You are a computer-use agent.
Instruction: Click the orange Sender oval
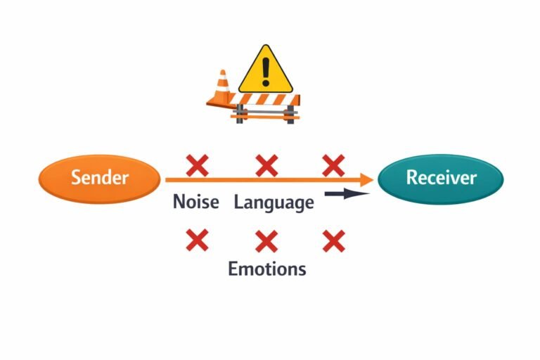[x=99, y=179]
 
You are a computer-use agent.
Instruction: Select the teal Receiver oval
[x=441, y=179]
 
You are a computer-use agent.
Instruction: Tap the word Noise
[x=195, y=203]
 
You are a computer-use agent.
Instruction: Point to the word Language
[x=274, y=204]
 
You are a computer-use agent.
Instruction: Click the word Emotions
[x=266, y=269]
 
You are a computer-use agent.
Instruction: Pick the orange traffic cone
[x=222, y=91]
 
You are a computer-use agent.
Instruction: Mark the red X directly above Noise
[x=197, y=166]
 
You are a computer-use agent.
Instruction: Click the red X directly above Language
[x=266, y=166]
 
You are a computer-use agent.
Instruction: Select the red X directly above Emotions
[x=266, y=241]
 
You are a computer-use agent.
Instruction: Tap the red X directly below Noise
[x=197, y=240]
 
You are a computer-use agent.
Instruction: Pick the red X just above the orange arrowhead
[x=333, y=166]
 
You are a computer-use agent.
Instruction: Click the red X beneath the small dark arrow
[x=333, y=240]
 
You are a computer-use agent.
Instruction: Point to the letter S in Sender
[x=75, y=178]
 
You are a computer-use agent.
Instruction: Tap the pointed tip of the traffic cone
[x=224, y=71]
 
